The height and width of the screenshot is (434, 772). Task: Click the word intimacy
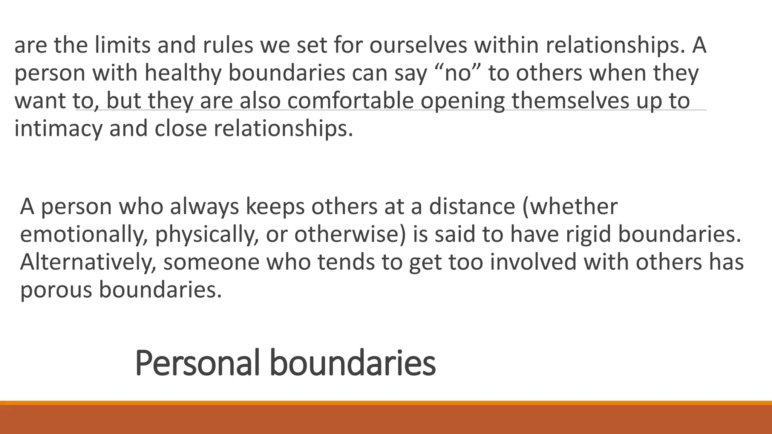[x=58, y=128]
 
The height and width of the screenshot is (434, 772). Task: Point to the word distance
[x=472, y=206]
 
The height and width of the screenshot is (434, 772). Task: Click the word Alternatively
[x=88, y=262]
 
